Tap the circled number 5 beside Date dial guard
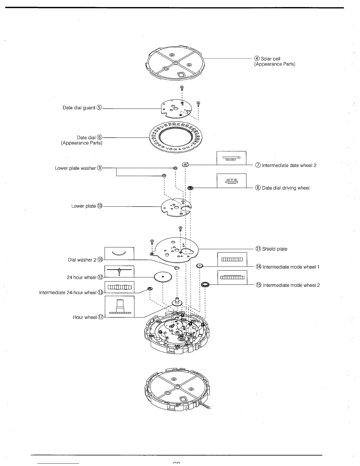[99, 108]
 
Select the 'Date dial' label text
[86, 138]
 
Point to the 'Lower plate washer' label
[75, 168]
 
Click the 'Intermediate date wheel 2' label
[289, 165]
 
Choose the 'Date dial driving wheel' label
[286, 188]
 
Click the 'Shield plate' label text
[275, 249]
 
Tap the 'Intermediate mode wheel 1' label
[291, 267]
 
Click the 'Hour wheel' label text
[85, 317]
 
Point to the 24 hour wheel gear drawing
[163, 277]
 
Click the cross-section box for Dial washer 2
[119, 253]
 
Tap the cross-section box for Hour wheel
[119, 307]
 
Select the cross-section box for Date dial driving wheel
[231, 181]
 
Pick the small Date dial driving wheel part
[190, 188]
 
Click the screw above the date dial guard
[182, 88]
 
